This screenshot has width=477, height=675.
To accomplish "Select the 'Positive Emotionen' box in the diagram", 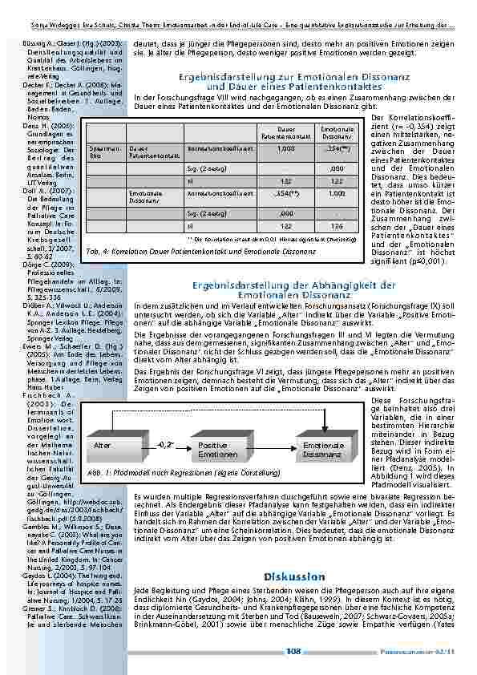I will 212,449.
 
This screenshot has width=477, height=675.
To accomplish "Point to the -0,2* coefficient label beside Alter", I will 166,443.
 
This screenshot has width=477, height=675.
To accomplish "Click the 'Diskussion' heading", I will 293,577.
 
